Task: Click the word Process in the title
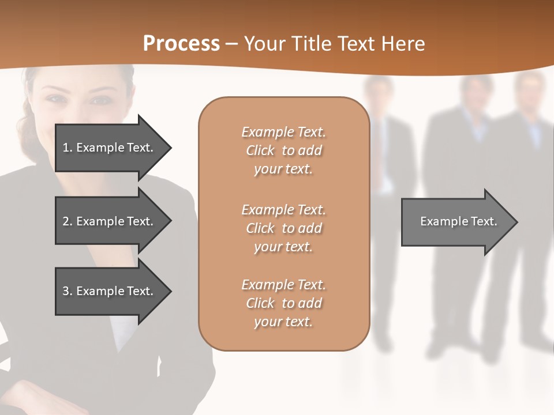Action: pos(181,43)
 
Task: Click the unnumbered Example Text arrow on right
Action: pos(458,221)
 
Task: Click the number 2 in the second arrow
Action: pos(66,221)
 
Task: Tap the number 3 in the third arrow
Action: pos(66,291)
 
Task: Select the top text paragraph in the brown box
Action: pos(283,150)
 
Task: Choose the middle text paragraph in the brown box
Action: pos(283,228)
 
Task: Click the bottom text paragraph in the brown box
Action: pos(283,303)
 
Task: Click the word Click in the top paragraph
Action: pos(260,150)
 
